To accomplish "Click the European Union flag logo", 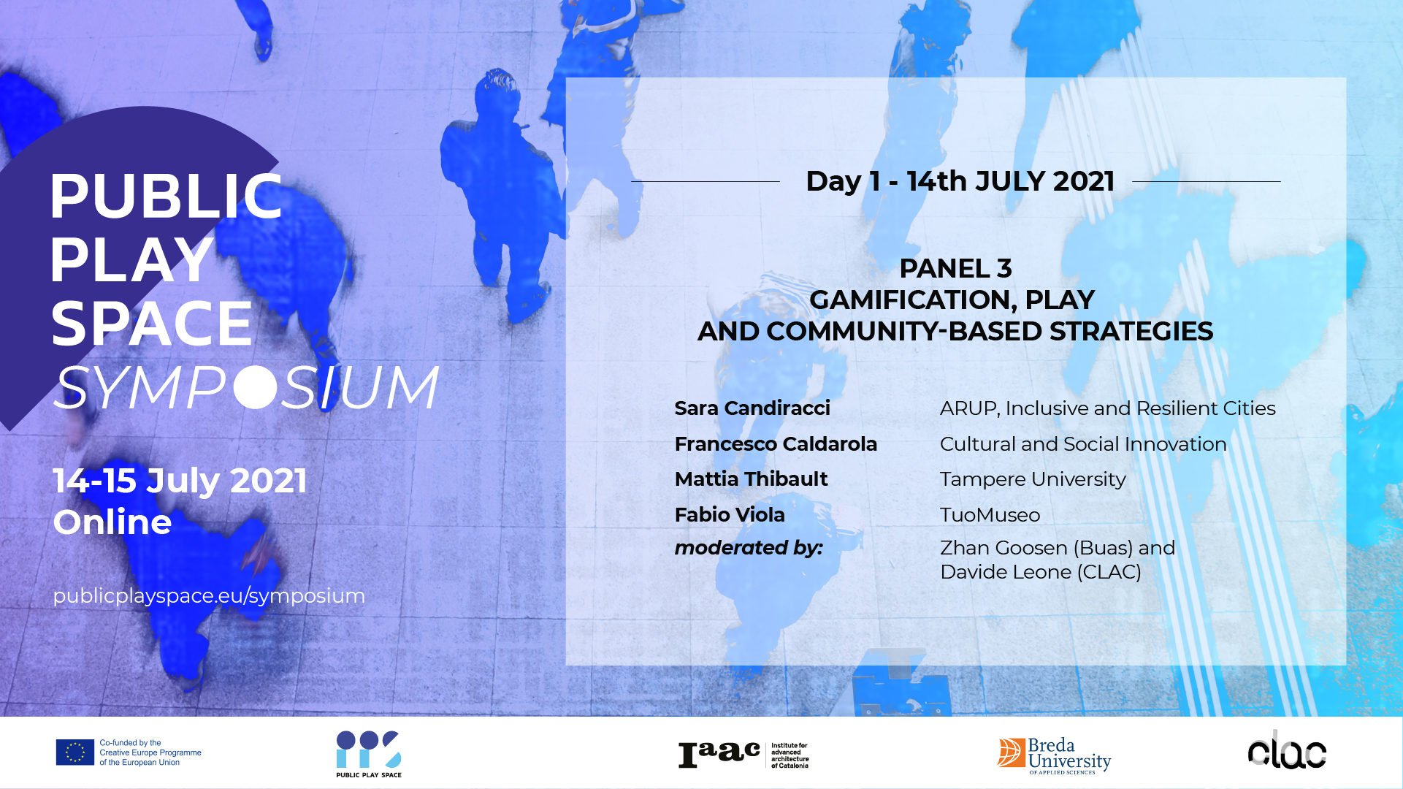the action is (x=75, y=752).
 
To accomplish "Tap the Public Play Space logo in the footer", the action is (x=369, y=754).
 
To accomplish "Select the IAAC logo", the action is (x=743, y=755).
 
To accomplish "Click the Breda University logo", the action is (x=1054, y=755).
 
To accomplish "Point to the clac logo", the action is (x=1287, y=752).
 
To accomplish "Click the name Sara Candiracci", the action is (x=752, y=408).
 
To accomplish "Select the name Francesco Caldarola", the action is (x=776, y=444).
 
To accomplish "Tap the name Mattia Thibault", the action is (x=751, y=479).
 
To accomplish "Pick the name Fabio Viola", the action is (x=730, y=515).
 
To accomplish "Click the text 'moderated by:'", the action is (x=749, y=548).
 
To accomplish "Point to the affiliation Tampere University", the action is (x=1033, y=479).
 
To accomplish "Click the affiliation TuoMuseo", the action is (x=990, y=515).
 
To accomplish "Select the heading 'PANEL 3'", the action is (x=955, y=268).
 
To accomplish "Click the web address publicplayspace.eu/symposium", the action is (x=209, y=596).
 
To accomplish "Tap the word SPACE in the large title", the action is (x=151, y=323).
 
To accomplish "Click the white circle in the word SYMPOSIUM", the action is (x=256, y=387).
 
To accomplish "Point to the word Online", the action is (x=112, y=522).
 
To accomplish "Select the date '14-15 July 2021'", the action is (x=180, y=481).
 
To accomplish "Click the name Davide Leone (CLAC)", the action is (x=1041, y=572).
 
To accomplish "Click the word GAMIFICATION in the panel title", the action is (x=913, y=300).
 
